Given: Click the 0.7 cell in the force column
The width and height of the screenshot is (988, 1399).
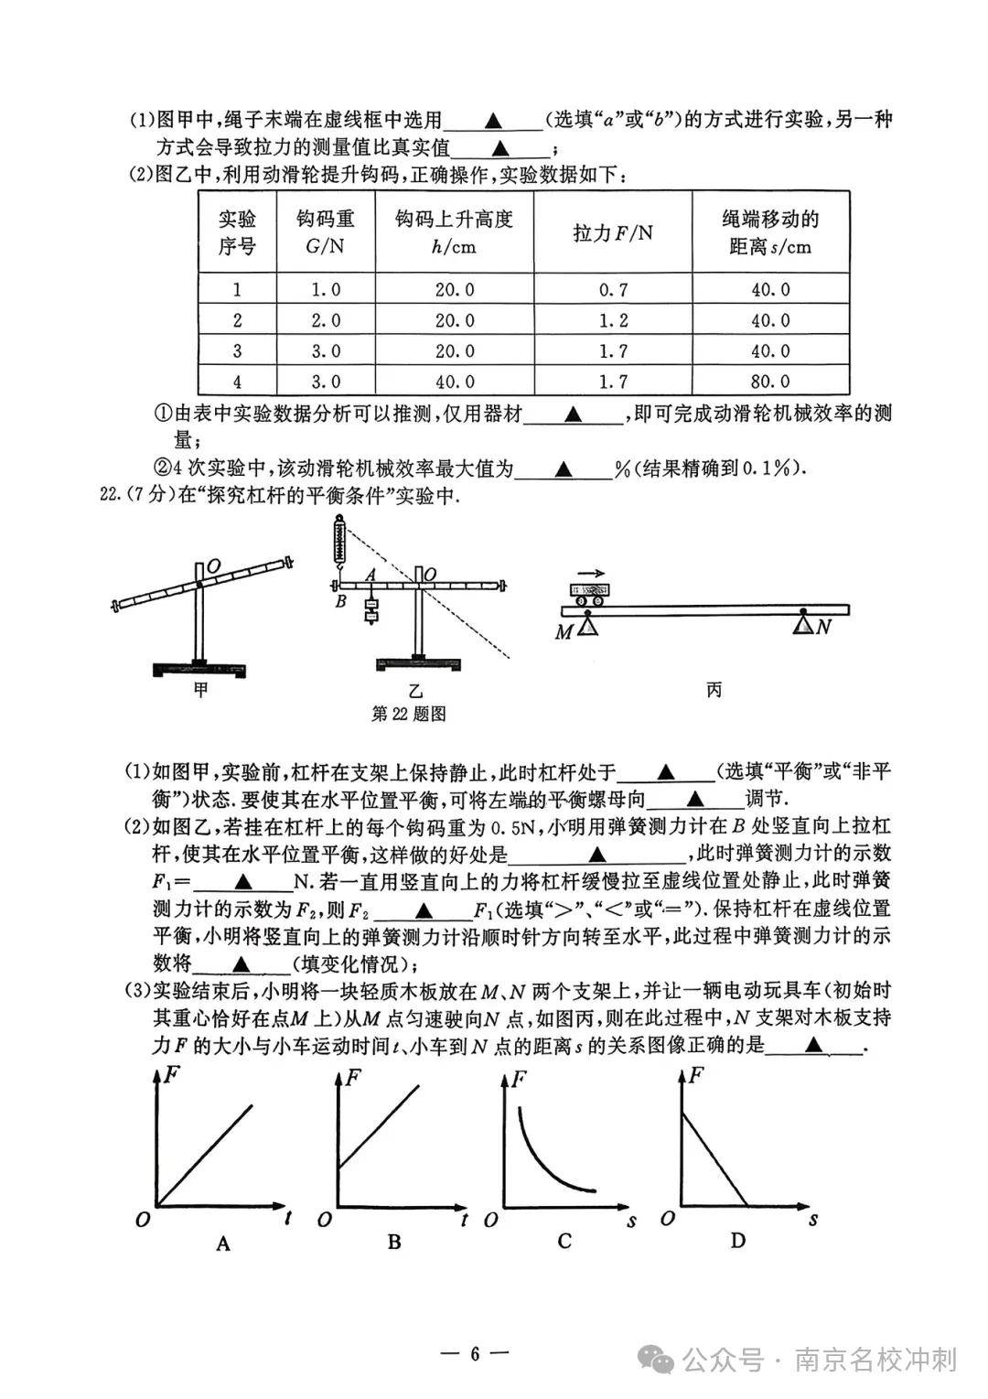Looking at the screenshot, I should pos(613,290).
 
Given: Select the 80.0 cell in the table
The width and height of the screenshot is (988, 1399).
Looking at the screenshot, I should pos(771,382).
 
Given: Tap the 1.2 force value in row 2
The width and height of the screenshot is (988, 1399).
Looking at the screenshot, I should pos(613,320).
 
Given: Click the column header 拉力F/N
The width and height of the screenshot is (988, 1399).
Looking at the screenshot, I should pos(613,232).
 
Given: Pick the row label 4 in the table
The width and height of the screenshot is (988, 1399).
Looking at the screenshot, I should pos(238,382).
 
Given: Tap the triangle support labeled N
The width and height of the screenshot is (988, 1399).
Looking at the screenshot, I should pos(804,624).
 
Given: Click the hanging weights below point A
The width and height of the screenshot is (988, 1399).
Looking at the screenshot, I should pos(370,608).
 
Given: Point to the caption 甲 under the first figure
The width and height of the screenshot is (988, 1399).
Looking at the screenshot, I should pos(201,689).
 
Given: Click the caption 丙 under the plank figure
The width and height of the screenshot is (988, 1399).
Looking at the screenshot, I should pos(714,689).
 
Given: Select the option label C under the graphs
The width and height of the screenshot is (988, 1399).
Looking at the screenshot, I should pos(564,1241).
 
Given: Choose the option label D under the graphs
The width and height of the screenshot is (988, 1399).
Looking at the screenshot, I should pos(738,1241).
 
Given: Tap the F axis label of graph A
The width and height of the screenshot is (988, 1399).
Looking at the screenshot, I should pos(171,1077).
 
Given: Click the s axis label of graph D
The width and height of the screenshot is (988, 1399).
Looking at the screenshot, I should pos(812,1219).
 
